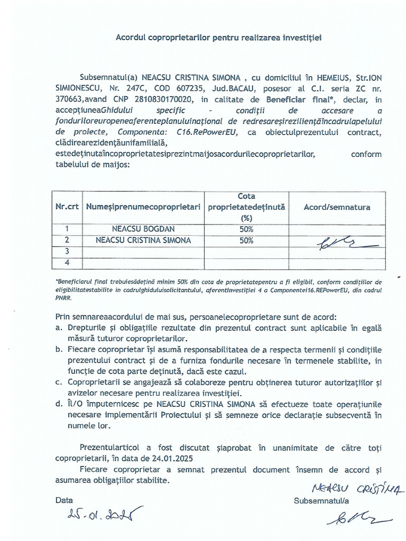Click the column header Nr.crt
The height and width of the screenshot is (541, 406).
pos(67,207)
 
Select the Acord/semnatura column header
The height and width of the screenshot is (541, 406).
pos(337,207)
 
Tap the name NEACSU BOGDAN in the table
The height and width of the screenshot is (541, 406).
pos(143,229)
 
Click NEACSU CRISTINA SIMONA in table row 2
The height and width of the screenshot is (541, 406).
pos(143,240)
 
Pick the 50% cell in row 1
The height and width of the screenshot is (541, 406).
pos(246,229)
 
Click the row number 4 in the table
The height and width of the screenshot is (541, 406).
pos(67,263)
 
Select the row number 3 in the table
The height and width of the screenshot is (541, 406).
pos(67,251)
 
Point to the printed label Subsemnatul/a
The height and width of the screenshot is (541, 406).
pos(322,499)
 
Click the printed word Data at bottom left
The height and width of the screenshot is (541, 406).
pos(64,499)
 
